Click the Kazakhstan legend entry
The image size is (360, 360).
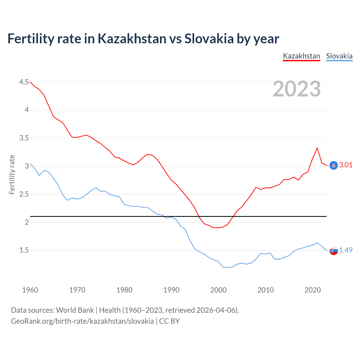click(301, 56)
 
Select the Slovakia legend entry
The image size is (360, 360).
click(339, 56)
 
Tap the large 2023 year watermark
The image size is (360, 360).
click(297, 89)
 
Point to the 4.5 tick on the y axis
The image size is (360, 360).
click(24, 82)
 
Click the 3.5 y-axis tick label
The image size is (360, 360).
click(24, 138)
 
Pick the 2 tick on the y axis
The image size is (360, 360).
click(27, 222)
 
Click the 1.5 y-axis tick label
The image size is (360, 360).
click(24, 250)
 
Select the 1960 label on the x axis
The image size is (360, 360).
click(30, 290)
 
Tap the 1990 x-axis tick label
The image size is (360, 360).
click(171, 290)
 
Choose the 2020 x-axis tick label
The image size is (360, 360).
click(312, 290)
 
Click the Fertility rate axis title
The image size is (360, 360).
click(12, 174)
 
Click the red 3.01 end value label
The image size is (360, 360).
click(346, 165)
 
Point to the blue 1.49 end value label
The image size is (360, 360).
click(346, 250)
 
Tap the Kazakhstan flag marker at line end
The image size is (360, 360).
click(334, 165)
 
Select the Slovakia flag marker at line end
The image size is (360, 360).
click(334, 251)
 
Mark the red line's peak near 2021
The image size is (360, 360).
click(317, 148)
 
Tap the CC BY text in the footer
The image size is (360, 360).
click(169, 321)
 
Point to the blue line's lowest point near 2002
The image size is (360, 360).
click(228, 267)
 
